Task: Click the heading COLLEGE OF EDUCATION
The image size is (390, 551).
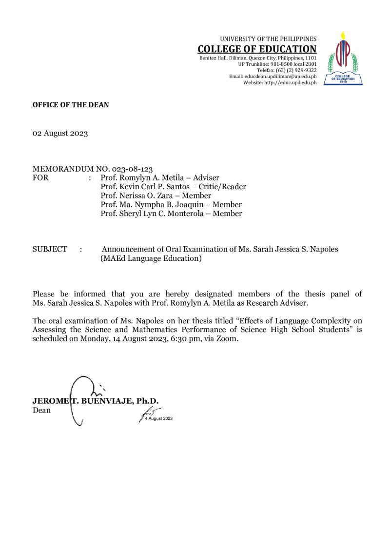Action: pos(257,49)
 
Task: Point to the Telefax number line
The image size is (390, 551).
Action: pos(287,70)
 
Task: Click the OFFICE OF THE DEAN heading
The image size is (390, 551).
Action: pos(71,105)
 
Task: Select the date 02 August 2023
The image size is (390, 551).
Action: pos(60,134)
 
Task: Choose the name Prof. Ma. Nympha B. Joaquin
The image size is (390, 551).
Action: pos(150,205)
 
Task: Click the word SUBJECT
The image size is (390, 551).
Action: pos(50,249)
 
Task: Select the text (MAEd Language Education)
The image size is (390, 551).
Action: pos(151,258)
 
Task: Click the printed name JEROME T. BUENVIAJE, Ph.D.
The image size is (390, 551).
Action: pos(96,401)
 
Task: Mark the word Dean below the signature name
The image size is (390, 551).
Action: pos(41,410)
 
